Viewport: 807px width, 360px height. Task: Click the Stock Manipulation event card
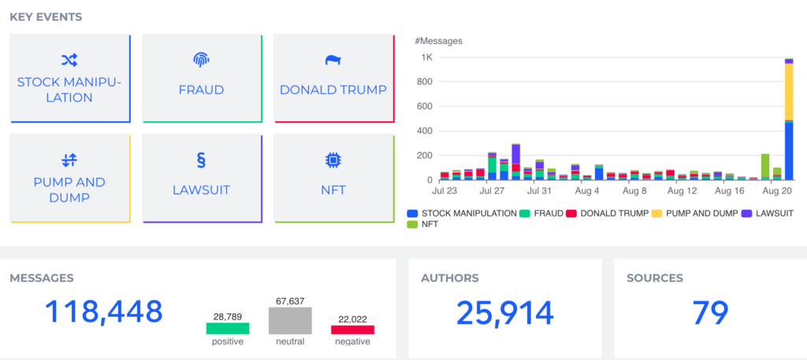[x=69, y=78]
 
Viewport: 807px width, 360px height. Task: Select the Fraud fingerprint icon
[x=201, y=60]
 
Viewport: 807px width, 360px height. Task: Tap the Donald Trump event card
[x=333, y=78]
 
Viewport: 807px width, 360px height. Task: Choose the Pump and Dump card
[x=69, y=178]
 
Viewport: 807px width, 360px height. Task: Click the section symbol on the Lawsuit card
[x=201, y=161]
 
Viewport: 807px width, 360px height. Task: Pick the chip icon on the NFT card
[x=333, y=161]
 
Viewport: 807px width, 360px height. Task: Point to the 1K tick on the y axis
[x=426, y=58]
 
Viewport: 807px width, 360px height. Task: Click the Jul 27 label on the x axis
[x=492, y=191]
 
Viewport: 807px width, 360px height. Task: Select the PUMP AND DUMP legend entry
[x=697, y=213]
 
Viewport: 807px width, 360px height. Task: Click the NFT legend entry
[x=426, y=225]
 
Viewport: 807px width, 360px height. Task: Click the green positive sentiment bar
[x=228, y=328]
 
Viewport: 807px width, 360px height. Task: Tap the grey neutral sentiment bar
[x=290, y=321]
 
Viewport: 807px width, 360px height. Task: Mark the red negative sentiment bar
[x=352, y=330]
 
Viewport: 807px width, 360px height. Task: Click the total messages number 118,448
[x=104, y=312]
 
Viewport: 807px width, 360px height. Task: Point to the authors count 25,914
[x=504, y=314]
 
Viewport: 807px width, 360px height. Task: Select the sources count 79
[x=710, y=314]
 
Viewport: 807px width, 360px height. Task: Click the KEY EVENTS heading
[x=46, y=17]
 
